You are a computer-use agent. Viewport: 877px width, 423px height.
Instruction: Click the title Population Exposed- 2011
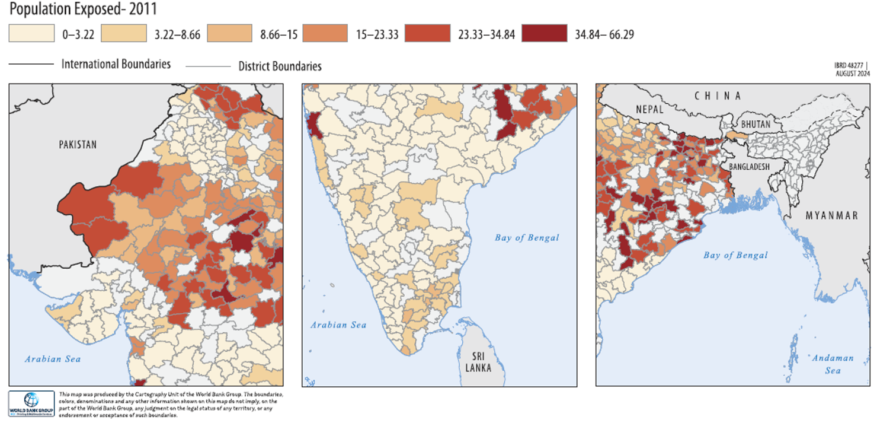point(83,9)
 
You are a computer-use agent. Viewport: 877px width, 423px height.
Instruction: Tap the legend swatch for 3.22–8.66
point(124,33)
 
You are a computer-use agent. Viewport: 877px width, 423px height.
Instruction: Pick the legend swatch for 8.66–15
point(224,33)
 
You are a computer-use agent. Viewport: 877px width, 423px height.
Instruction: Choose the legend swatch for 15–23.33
point(325,33)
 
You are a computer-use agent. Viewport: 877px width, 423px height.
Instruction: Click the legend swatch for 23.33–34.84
point(427,33)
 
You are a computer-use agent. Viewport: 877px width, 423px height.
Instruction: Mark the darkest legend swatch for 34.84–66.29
point(544,33)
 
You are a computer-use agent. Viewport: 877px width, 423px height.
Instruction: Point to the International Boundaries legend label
point(116,64)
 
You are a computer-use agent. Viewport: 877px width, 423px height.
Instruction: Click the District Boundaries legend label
point(280,66)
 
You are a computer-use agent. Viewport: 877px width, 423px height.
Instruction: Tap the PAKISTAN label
point(78,145)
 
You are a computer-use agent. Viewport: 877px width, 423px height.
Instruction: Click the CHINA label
point(718,96)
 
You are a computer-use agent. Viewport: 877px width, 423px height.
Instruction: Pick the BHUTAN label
point(756,125)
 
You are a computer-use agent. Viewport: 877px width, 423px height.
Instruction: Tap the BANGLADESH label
point(749,167)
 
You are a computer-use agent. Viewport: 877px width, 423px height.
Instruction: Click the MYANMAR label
point(831,215)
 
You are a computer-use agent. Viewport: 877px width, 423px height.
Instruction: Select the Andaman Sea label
point(833,364)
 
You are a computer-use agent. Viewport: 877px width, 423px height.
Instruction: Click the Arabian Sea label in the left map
point(53,359)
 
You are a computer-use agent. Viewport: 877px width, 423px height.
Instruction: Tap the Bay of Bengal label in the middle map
point(527,238)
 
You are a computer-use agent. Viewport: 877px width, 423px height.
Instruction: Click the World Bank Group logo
point(31,403)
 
